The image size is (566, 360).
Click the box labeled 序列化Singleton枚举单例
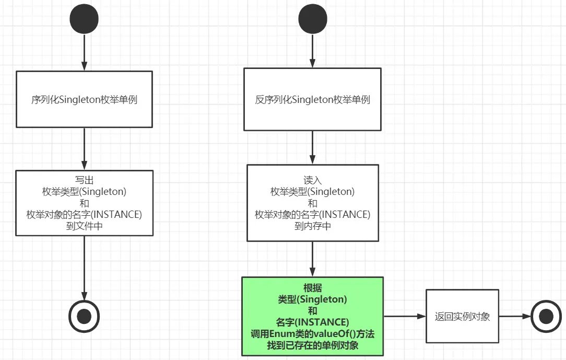click(x=84, y=99)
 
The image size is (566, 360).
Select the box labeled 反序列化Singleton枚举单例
click(x=312, y=99)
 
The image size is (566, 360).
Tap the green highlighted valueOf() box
click(x=312, y=316)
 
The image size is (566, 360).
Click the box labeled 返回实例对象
click(x=462, y=316)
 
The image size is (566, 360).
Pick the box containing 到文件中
click(x=84, y=203)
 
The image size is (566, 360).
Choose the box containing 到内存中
click(x=312, y=203)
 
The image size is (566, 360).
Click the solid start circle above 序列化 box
click(x=84, y=19)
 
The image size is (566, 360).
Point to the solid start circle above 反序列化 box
click(x=312, y=19)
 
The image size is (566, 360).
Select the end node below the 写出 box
click(x=84, y=316)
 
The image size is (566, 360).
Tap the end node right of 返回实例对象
click(x=546, y=316)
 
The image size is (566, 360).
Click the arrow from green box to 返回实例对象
click(x=405, y=316)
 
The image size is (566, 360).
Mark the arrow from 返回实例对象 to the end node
click(x=514, y=316)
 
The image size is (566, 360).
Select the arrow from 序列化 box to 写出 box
click(x=84, y=148)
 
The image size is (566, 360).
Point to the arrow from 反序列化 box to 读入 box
click(x=312, y=147)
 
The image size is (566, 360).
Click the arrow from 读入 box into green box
click(x=312, y=259)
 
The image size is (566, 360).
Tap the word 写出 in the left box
click(x=84, y=181)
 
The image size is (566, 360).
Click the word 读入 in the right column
click(x=312, y=181)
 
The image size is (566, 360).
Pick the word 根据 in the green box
click(x=312, y=288)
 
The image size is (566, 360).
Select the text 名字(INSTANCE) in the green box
click(x=312, y=322)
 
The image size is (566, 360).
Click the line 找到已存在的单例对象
click(x=312, y=345)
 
